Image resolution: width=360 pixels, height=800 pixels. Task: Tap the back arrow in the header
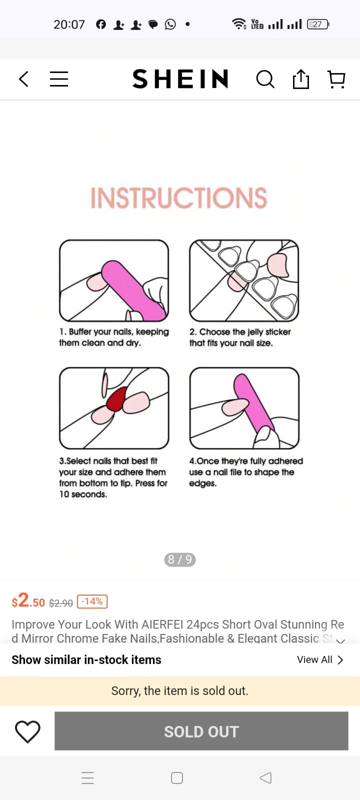(x=23, y=79)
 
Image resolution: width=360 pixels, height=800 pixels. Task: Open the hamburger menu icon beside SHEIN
(x=59, y=79)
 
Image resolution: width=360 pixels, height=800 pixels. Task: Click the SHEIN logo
(x=180, y=78)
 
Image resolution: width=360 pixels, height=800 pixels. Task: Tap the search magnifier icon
(x=265, y=79)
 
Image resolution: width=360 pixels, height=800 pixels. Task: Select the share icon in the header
(x=300, y=79)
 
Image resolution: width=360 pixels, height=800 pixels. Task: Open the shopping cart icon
(x=336, y=79)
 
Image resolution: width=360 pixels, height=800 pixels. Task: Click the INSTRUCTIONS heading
(x=178, y=197)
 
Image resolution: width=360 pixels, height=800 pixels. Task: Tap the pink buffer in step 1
(x=133, y=290)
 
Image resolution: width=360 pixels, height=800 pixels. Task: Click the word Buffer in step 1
(x=80, y=331)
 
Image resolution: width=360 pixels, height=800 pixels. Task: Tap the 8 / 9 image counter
(x=180, y=559)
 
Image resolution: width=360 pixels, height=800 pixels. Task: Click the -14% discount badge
(x=92, y=601)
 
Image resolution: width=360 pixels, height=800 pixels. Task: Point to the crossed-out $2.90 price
(x=60, y=603)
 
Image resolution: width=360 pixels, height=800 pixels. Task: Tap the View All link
(x=320, y=659)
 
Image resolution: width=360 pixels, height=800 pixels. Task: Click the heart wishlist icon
(x=27, y=731)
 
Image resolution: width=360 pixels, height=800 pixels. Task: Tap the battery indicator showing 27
(x=318, y=24)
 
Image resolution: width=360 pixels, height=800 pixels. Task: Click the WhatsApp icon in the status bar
(x=170, y=24)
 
